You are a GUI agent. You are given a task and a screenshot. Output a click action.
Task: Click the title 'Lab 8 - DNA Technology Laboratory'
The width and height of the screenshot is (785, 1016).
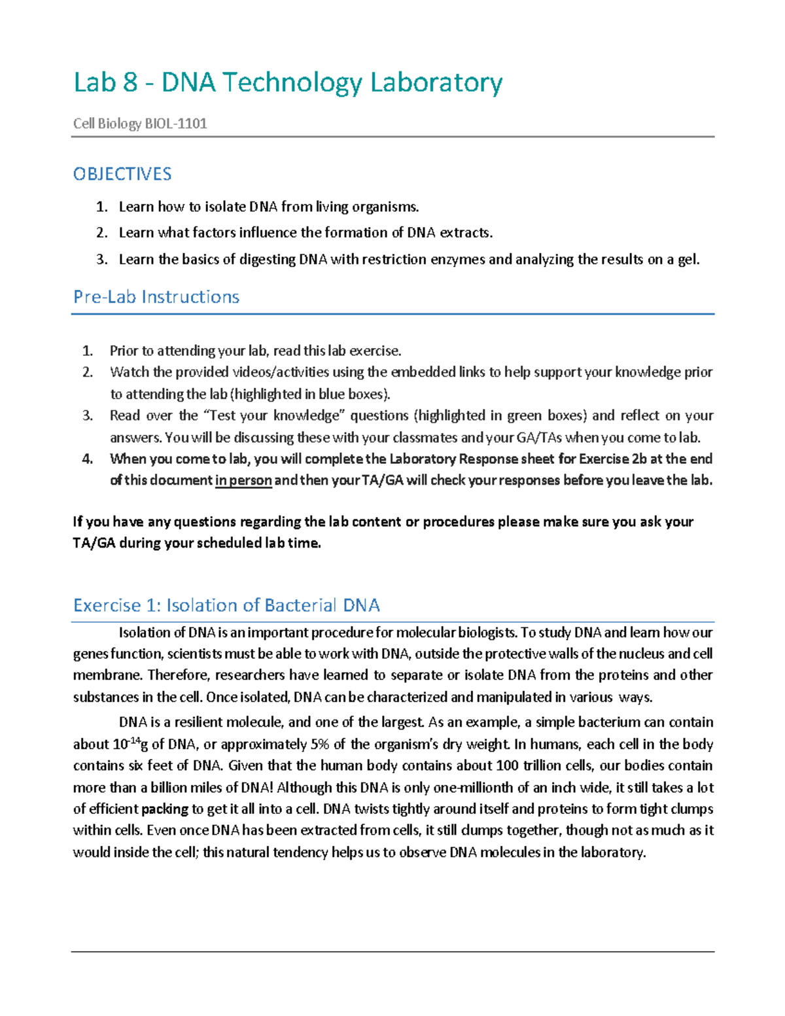[288, 83]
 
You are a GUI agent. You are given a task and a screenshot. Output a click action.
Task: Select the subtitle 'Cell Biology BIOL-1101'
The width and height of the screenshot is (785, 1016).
[140, 124]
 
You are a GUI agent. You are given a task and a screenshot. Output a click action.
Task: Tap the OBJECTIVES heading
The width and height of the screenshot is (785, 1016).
[122, 174]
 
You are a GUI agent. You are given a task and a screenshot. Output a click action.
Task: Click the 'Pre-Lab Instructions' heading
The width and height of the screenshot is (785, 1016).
[156, 297]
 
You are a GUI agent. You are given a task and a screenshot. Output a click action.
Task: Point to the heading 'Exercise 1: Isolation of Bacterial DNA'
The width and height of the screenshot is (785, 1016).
[226, 605]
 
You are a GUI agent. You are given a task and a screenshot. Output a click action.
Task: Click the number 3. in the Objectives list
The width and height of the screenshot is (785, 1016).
[101, 260]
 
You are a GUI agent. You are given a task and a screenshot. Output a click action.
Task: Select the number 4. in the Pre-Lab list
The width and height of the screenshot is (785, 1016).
[88, 459]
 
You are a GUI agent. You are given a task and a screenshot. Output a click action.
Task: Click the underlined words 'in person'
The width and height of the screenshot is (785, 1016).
[243, 480]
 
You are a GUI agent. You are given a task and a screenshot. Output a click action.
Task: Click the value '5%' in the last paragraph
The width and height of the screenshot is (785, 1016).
[320, 744]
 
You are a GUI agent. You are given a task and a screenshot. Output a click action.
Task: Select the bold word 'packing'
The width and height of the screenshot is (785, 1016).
[165, 809]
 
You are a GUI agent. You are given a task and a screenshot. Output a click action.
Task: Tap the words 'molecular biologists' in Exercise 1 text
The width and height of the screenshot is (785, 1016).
[456, 633]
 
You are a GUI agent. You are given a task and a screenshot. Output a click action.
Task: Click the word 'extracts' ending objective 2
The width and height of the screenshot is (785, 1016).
[465, 233]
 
